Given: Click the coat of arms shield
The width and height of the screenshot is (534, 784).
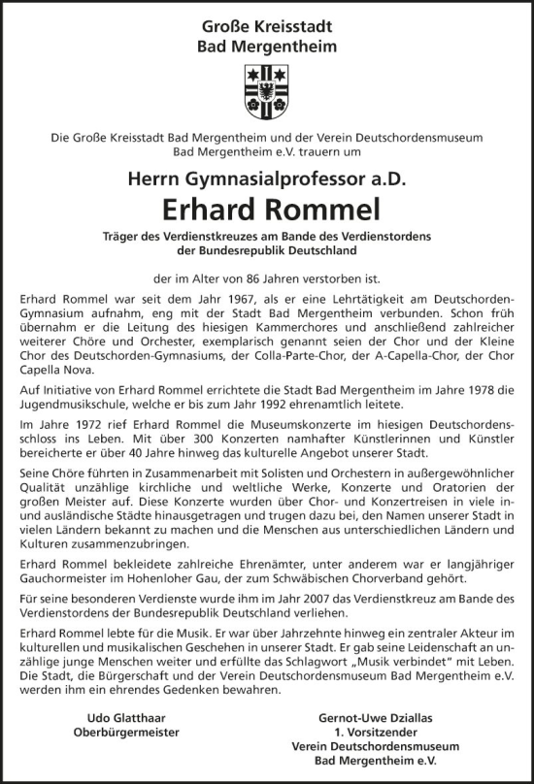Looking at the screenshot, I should (267, 90).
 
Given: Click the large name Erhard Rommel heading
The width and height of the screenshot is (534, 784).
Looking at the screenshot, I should (267, 210).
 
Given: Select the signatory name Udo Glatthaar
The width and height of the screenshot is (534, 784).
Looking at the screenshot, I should (117, 716).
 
